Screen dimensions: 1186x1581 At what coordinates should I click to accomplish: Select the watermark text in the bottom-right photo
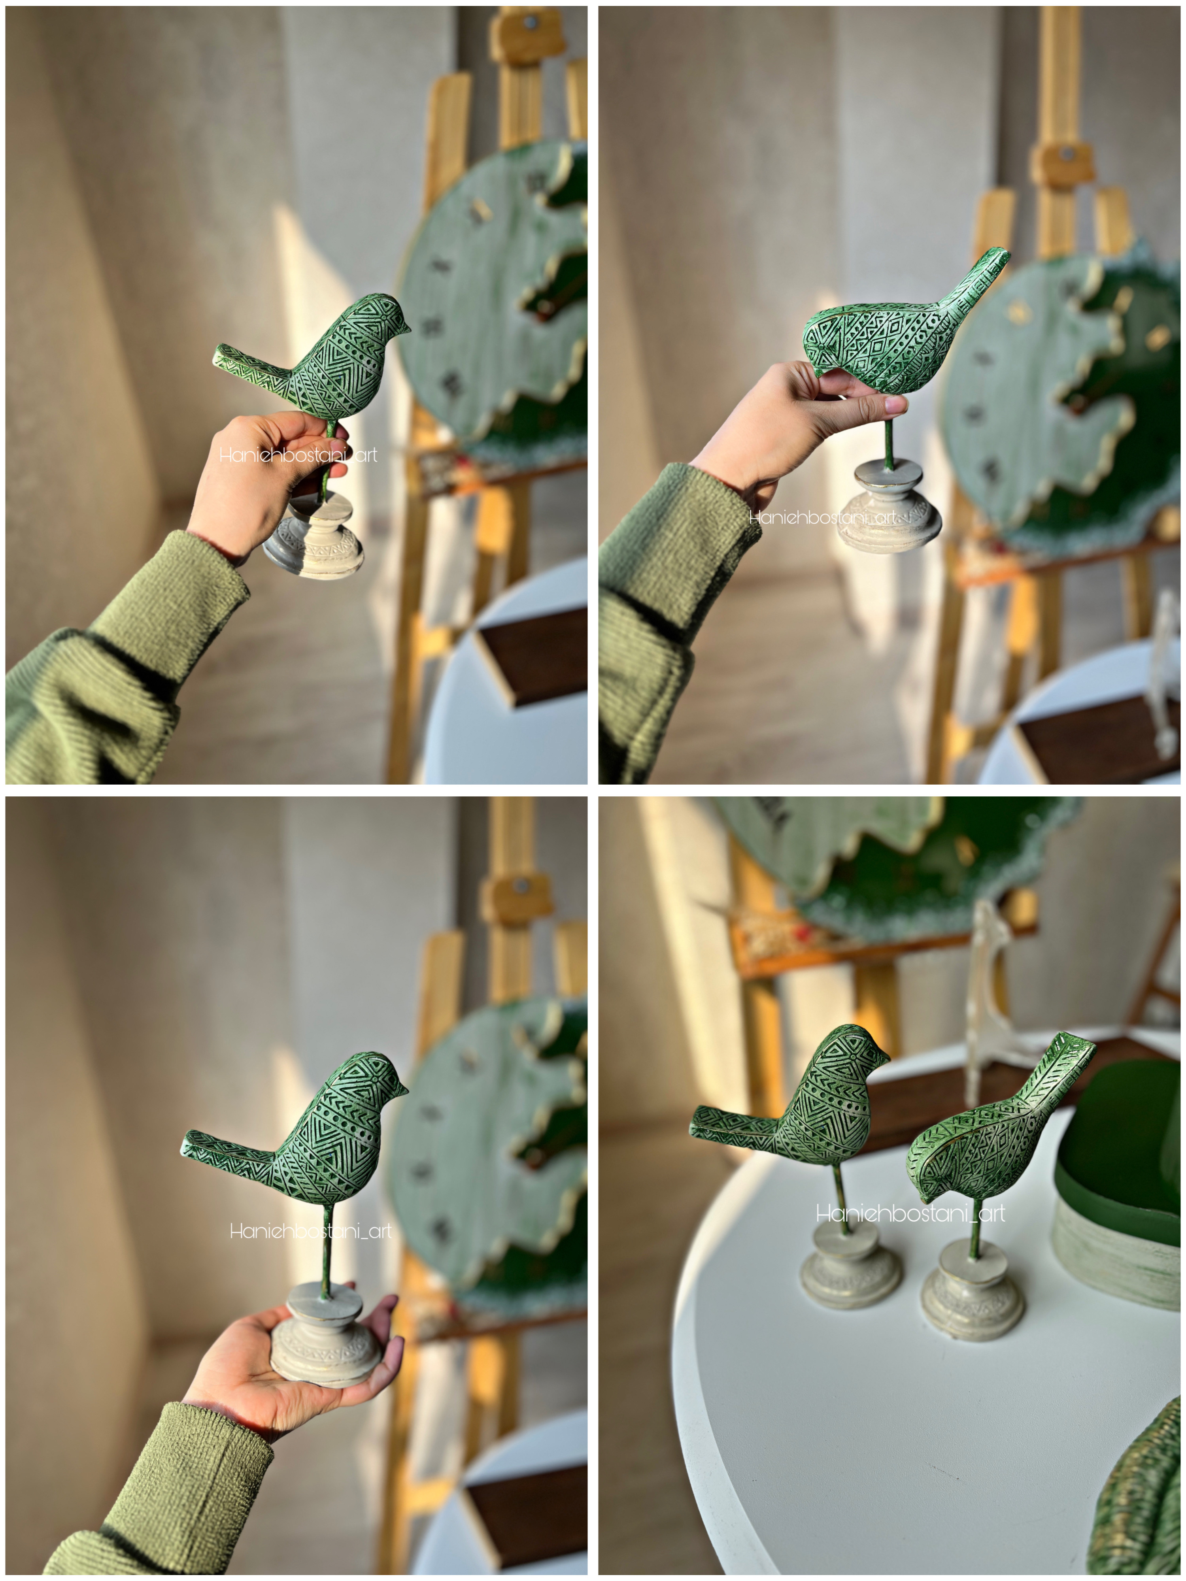[910, 1213]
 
